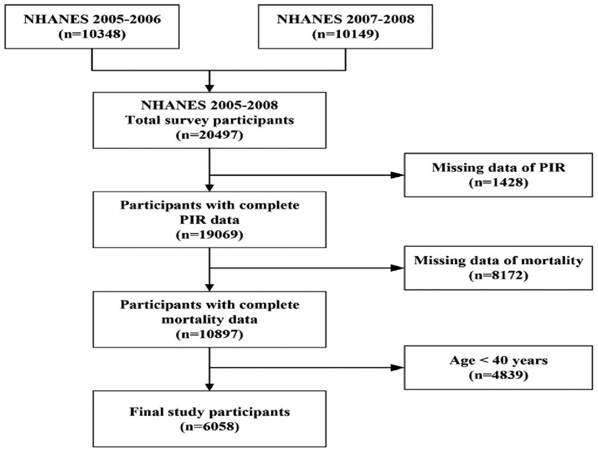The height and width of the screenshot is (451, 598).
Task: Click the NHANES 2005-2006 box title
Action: (x=92, y=19)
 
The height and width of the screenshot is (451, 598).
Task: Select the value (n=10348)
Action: (x=92, y=34)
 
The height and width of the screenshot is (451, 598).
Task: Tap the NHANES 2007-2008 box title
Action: (x=345, y=19)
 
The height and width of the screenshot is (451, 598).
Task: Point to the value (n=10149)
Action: (x=345, y=34)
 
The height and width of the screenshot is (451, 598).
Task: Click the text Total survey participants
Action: (x=209, y=120)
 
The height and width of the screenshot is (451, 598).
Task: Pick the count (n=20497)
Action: (x=209, y=135)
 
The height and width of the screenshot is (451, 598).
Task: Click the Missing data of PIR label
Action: (x=498, y=168)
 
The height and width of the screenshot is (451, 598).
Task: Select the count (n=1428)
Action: (x=498, y=182)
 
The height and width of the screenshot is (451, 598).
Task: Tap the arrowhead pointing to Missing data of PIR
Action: (x=398, y=175)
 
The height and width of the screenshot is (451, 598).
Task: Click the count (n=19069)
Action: (x=209, y=234)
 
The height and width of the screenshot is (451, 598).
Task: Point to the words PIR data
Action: (x=209, y=220)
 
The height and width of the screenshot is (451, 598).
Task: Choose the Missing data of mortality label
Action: (x=498, y=260)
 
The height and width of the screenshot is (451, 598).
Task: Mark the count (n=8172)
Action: (x=498, y=275)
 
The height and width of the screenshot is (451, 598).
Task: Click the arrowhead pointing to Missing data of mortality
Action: (x=398, y=268)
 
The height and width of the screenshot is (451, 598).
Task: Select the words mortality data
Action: (x=209, y=319)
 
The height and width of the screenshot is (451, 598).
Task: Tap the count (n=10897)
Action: (x=209, y=334)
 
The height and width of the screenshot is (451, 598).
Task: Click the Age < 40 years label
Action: (x=498, y=360)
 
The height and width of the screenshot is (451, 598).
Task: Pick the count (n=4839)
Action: (x=498, y=375)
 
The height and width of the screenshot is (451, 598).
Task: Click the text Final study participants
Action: (x=209, y=412)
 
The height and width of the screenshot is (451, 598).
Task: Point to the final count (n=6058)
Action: (x=209, y=427)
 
